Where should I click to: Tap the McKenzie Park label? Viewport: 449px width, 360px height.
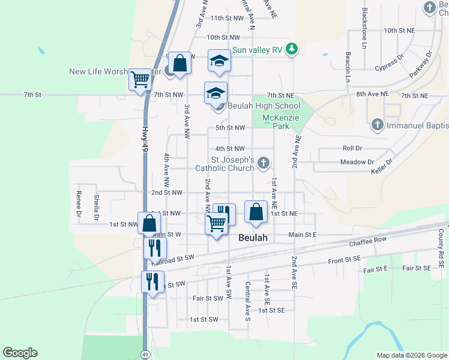[280, 122]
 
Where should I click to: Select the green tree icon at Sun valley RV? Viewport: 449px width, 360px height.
[292, 49]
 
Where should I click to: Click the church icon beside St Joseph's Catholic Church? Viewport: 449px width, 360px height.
[263, 163]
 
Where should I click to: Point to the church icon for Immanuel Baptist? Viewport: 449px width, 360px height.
[377, 125]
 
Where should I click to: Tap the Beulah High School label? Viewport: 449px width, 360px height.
[256, 106]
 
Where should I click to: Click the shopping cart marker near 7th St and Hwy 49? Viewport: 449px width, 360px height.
[140, 79]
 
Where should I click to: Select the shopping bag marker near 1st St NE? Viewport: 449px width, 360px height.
[256, 212]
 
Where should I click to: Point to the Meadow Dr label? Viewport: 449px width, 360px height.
[357, 162]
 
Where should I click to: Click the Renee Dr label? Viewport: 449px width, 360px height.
[79, 204]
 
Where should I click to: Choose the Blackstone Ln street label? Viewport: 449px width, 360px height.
[364, 29]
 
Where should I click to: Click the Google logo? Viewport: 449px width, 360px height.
[20, 353]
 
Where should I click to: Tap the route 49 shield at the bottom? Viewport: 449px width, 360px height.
[145, 355]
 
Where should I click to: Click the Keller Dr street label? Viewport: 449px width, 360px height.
[382, 166]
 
